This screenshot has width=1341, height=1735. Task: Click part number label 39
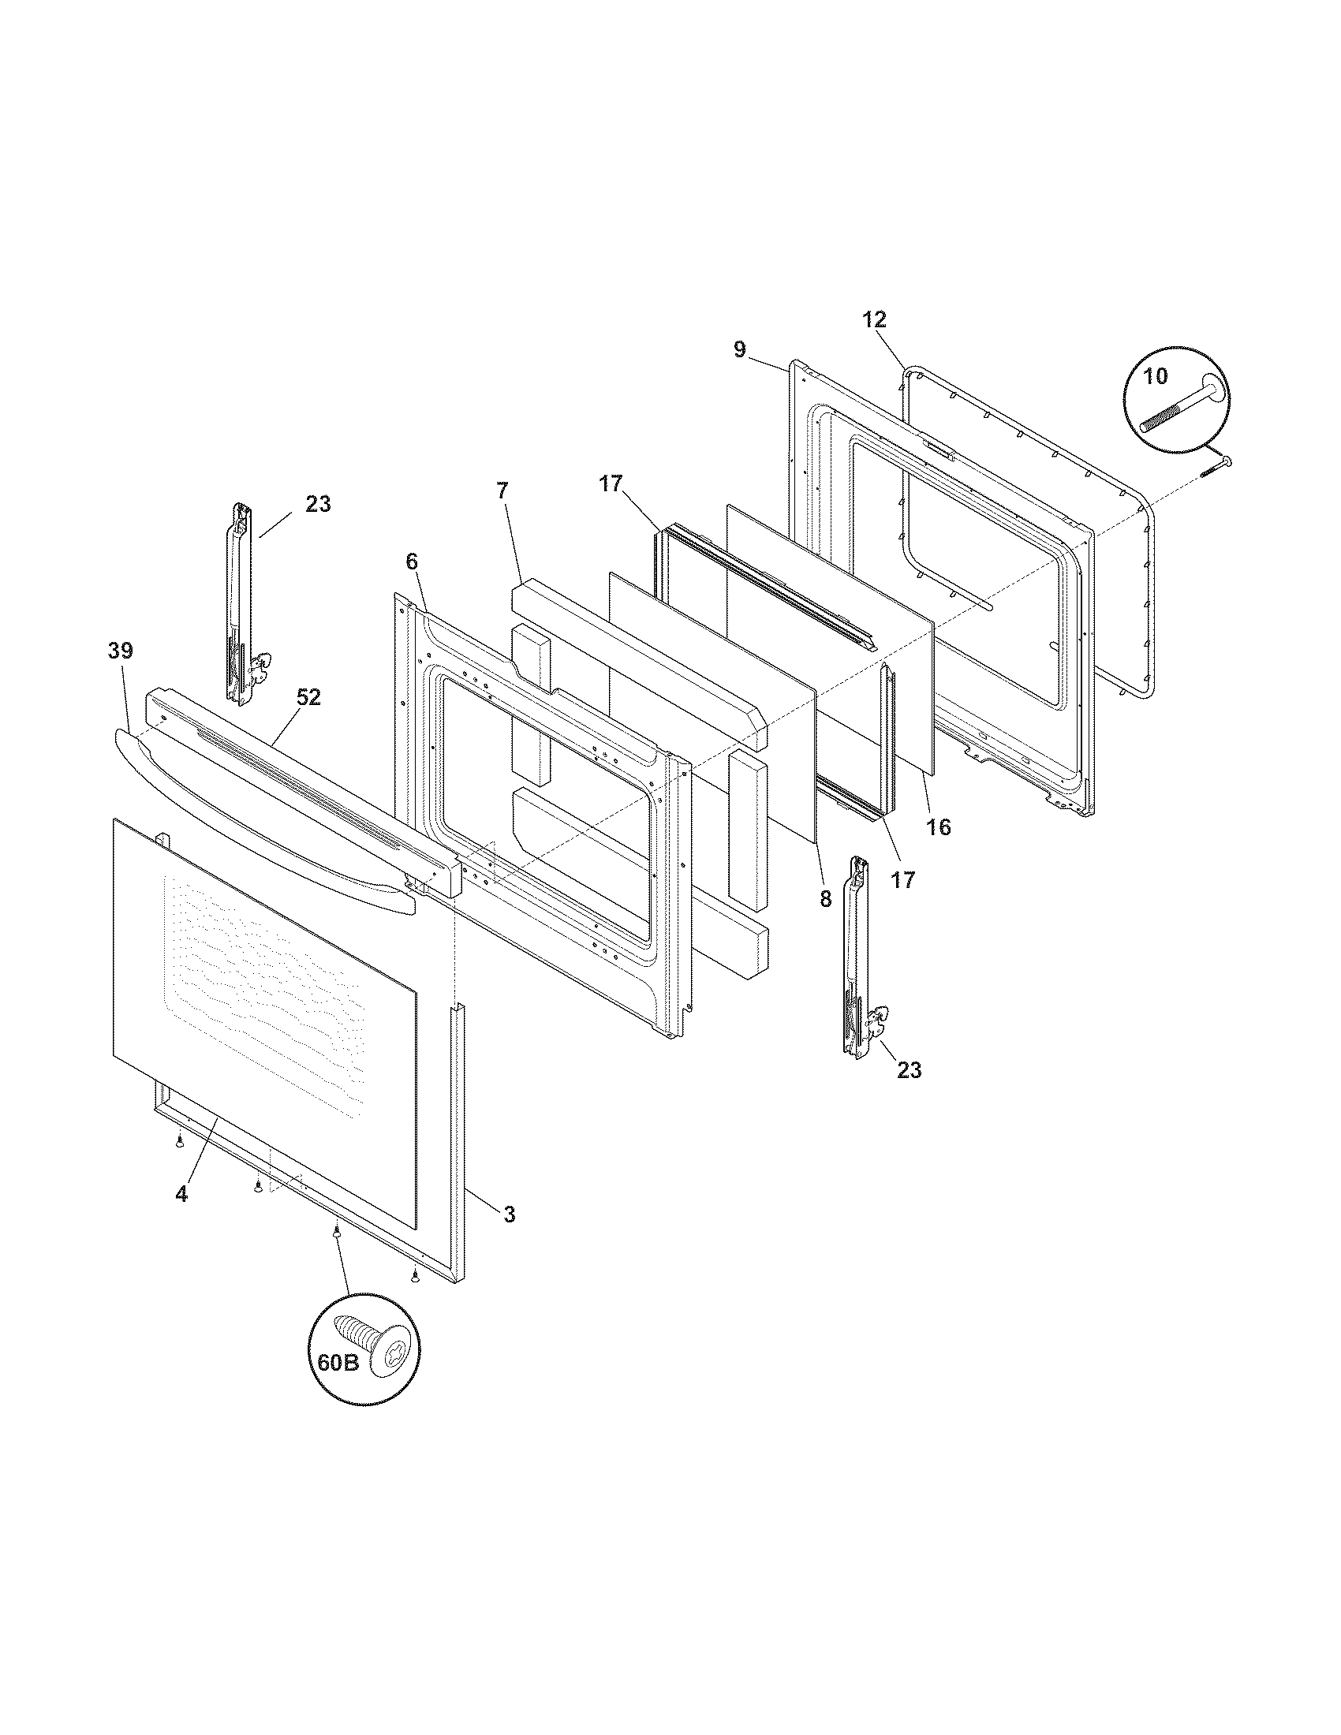121,651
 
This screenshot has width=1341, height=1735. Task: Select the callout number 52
308,696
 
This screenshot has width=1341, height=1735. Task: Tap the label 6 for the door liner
411,561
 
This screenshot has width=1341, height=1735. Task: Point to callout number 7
501,491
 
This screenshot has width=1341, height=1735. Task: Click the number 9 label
740,349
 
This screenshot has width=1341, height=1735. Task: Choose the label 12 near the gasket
874,319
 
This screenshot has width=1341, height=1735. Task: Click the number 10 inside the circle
1156,376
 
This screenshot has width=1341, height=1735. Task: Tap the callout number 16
938,827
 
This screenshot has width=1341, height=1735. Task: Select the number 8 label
825,898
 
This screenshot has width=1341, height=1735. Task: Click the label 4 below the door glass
182,1194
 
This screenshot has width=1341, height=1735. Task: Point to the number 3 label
509,1214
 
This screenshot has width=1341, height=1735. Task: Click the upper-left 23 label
318,504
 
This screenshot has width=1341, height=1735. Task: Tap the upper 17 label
610,483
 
